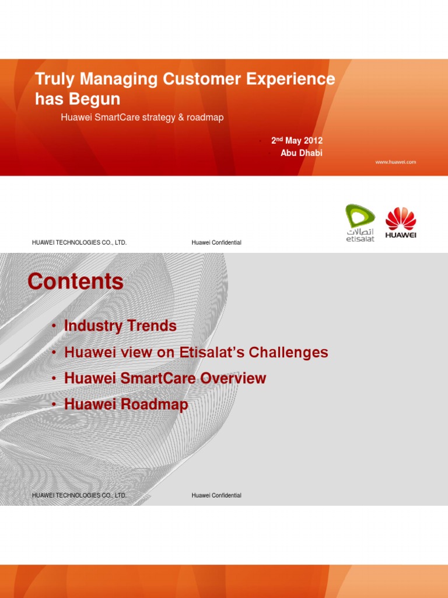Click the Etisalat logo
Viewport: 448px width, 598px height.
360,222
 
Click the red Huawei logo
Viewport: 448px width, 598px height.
401,222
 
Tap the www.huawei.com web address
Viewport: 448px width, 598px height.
395,162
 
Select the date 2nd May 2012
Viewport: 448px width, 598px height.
297,141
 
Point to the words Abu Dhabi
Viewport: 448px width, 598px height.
302,153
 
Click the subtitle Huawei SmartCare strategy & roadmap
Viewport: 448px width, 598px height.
142,117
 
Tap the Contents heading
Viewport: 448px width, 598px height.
75,281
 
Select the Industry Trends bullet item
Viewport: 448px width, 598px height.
120,326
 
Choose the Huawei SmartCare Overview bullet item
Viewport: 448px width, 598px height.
165,378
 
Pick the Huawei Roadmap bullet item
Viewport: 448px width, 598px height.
126,404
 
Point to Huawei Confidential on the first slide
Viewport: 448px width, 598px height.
216,242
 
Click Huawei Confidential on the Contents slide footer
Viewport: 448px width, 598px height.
216,495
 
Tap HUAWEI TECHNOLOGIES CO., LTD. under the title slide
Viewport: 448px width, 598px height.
79,242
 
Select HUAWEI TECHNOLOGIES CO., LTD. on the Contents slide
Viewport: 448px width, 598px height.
79,495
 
